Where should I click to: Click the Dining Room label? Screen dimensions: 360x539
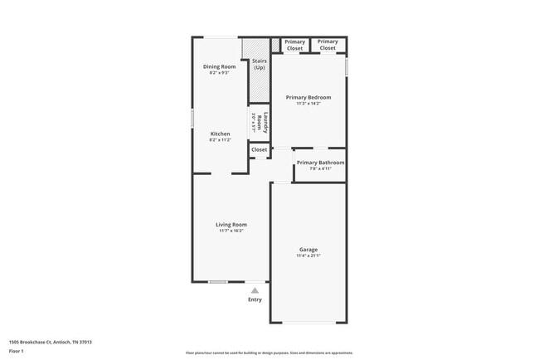tap(220, 66)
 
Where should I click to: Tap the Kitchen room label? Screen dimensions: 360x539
tap(220, 134)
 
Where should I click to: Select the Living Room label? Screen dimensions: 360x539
tap(231, 224)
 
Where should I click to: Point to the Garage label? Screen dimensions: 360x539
tap(308, 250)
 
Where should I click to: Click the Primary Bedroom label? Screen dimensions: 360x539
tap(308, 97)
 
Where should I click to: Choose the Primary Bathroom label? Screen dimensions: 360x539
tap(320, 163)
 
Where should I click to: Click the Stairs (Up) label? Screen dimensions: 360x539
tap(259, 64)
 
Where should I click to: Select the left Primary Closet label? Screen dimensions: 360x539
tap(294, 45)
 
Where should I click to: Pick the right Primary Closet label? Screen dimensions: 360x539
tap(328, 45)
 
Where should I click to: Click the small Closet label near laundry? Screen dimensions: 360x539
tap(260, 150)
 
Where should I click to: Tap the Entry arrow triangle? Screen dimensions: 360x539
tap(255, 290)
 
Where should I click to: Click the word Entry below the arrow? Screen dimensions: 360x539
tap(255, 299)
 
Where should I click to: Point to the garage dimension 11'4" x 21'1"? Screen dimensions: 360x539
tap(308, 255)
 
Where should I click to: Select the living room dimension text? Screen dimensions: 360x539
tap(231, 231)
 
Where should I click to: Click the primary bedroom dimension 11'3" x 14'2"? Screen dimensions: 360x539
tap(308, 104)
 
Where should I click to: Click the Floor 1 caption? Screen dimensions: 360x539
tap(17, 352)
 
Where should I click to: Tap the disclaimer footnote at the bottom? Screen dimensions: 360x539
tap(269, 353)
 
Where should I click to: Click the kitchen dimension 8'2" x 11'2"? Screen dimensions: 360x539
tap(220, 140)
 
